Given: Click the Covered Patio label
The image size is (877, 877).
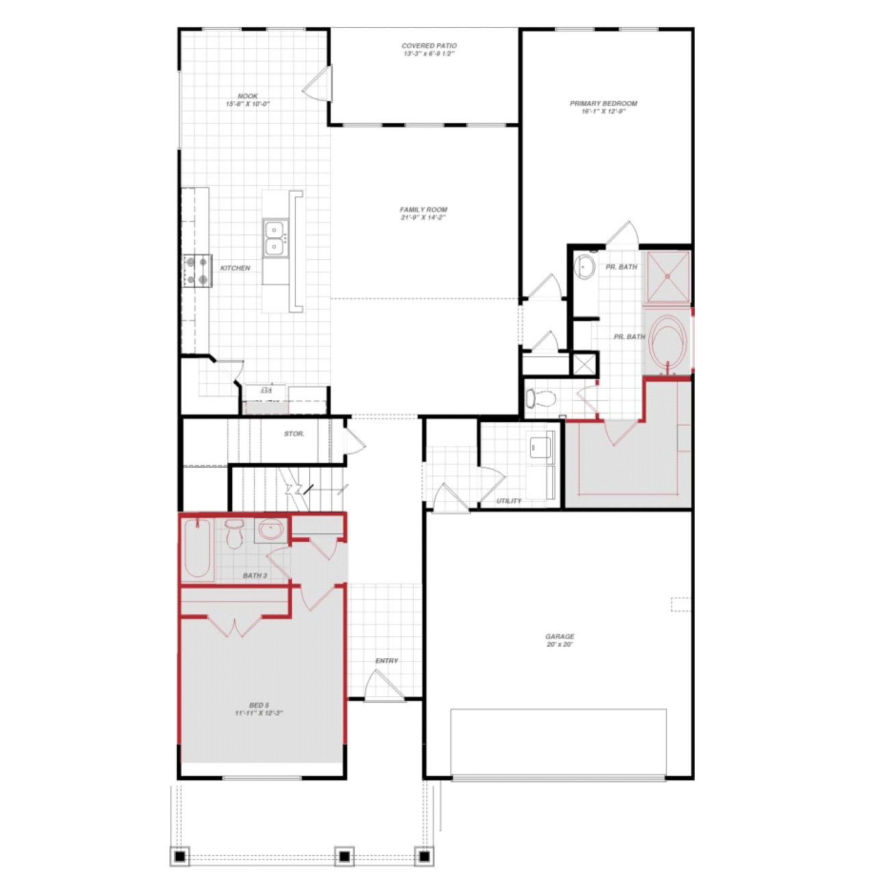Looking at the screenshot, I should pyautogui.click(x=429, y=50).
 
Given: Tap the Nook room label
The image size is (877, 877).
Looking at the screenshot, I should pyautogui.click(x=248, y=100).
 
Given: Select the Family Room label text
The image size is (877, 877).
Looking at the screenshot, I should pyautogui.click(x=423, y=213).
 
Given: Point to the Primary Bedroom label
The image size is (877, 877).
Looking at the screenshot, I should pyautogui.click(x=603, y=107).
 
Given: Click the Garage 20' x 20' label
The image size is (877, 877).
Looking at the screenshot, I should pyautogui.click(x=560, y=640).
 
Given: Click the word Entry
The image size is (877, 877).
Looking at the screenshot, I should pyautogui.click(x=386, y=660).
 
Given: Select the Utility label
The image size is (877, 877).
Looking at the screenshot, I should pyautogui.click(x=509, y=501).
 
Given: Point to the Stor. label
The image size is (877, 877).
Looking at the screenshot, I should pyautogui.click(x=294, y=433).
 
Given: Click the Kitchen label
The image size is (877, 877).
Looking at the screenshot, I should pyautogui.click(x=235, y=268).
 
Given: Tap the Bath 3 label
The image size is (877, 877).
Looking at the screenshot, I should pyautogui.click(x=255, y=576).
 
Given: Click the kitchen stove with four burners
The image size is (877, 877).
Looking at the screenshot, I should pyautogui.click(x=197, y=270).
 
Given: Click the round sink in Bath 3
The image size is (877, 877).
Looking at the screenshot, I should pyautogui.click(x=271, y=530).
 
